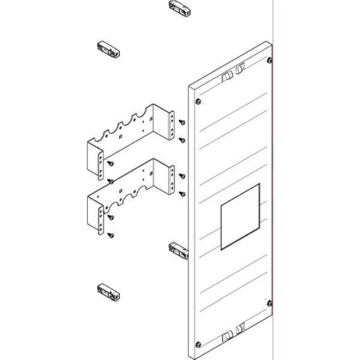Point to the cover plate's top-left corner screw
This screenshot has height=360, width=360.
coord(199,102)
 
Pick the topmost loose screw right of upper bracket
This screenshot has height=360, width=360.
coord(181,123)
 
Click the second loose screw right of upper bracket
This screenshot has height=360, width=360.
coord(181,140)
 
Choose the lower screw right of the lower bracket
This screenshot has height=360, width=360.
coord(181,192)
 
